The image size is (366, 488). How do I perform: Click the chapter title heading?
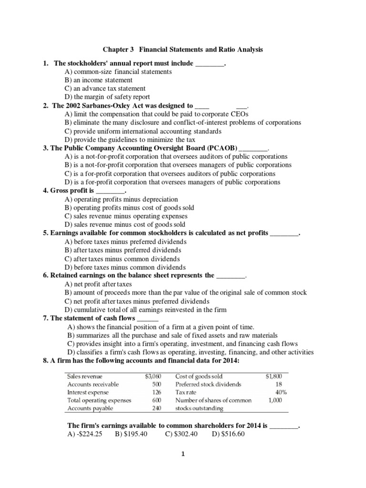pyautogui.click(x=183, y=49)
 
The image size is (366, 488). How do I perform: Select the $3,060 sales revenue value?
pyautogui.click(x=153, y=376)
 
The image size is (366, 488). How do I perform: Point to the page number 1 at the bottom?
pyautogui.click(x=183, y=468)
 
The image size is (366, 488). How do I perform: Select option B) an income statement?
pyautogui.click(x=99, y=80)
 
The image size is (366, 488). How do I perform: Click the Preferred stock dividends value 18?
pyautogui.click(x=278, y=384)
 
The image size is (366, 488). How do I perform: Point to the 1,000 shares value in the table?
pyautogui.click(x=275, y=400)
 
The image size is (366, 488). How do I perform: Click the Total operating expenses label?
pyautogui.click(x=99, y=400)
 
